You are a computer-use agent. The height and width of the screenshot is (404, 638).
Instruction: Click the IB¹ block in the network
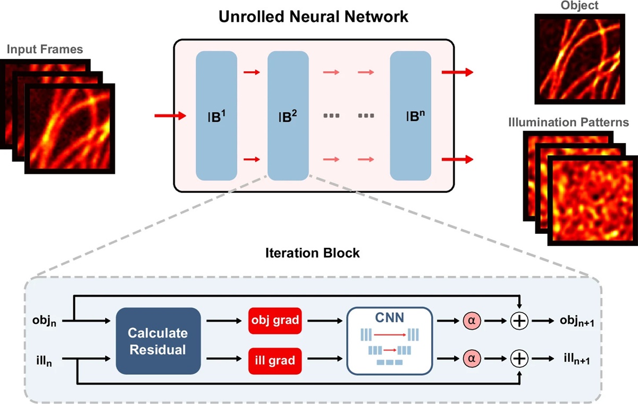(x=216, y=115)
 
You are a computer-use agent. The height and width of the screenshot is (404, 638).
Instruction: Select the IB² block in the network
(x=288, y=115)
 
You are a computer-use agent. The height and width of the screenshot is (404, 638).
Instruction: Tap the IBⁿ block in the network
(x=410, y=115)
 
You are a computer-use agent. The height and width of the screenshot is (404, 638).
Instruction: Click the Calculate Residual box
(x=158, y=341)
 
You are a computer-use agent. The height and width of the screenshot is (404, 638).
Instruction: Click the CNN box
(x=390, y=341)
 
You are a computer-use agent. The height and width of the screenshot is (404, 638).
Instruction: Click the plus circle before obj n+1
(x=519, y=322)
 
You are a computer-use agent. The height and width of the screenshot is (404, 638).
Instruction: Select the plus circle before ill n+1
(x=519, y=360)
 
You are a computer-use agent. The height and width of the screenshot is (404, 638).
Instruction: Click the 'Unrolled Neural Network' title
(x=314, y=17)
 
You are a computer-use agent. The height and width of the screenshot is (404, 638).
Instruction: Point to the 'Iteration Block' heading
(x=313, y=253)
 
